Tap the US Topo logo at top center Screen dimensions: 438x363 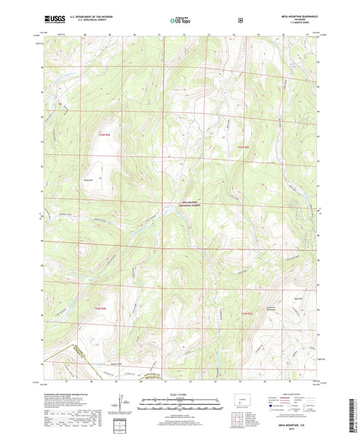[180, 20]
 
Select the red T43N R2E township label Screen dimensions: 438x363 [103, 135]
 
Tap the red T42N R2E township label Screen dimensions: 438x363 [100, 309]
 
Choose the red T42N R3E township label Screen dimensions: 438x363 [247, 312]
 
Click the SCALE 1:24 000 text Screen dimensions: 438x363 [180, 394]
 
